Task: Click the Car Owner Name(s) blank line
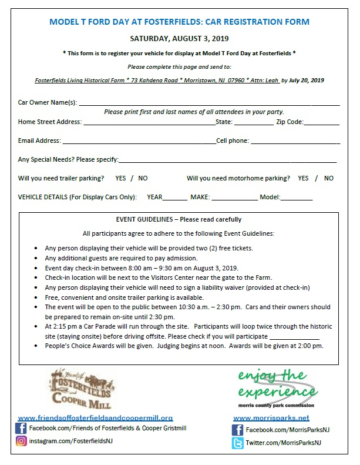click(208, 104)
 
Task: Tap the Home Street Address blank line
click(149, 124)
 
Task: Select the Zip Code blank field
click(321, 124)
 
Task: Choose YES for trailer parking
click(120, 178)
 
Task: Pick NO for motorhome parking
click(329, 178)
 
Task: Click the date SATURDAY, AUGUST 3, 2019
click(180, 39)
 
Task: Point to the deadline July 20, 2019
click(307, 80)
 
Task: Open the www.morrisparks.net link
click(271, 418)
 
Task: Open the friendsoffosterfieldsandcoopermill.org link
click(96, 418)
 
